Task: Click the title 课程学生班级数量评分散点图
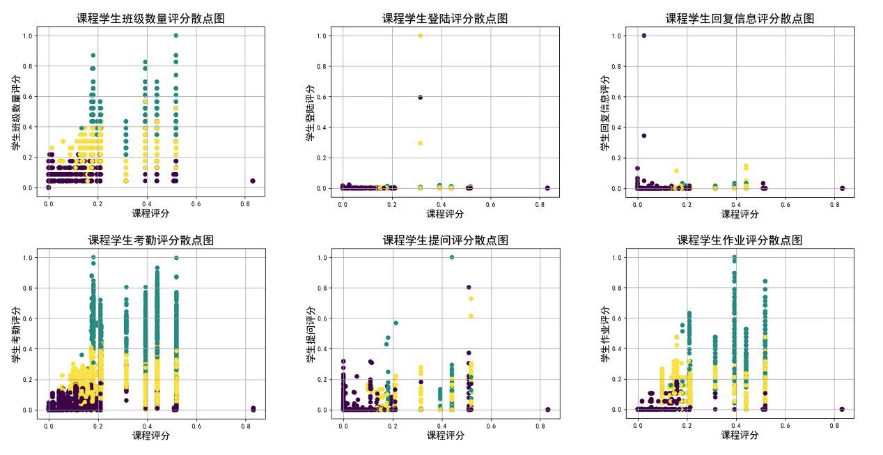[150, 19]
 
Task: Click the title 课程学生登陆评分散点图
[445, 19]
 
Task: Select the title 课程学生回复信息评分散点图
[740, 19]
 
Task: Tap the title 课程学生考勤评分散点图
[150, 240]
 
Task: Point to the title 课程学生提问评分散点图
[445, 240]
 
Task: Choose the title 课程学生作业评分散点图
[740, 240]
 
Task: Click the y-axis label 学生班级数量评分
[16, 112]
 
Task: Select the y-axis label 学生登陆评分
[311, 112]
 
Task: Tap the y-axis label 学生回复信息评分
[605, 112]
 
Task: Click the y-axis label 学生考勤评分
[16, 334]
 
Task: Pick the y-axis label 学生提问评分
[311, 334]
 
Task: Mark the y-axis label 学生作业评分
[605, 334]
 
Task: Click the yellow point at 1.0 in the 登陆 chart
[420, 36]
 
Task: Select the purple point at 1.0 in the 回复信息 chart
[643, 36]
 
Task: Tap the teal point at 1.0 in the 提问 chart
[451, 257]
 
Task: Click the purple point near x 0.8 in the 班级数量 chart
[252, 181]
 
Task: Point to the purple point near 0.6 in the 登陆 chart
[420, 98]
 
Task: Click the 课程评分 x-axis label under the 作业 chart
[740, 435]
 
